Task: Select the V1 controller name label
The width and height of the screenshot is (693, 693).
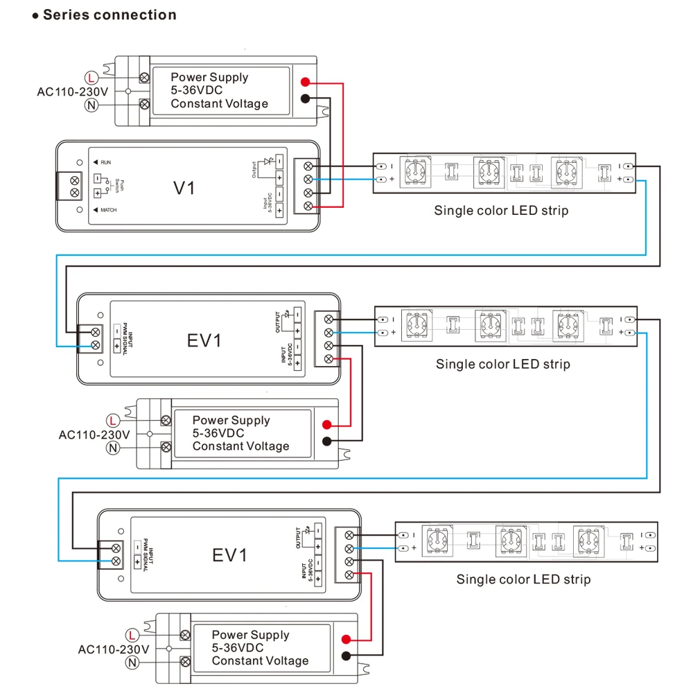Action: pyautogui.click(x=184, y=187)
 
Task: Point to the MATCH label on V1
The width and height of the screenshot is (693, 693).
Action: pyautogui.click(x=108, y=209)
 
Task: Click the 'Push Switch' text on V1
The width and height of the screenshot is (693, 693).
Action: pyautogui.click(x=119, y=186)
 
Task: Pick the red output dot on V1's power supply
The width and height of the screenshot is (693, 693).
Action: pyautogui.click(x=305, y=82)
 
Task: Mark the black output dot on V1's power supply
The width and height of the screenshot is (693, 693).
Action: pyautogui.click(x=305, y=98)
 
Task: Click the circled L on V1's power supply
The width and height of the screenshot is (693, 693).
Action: pyautogui.click(x=91, y=77)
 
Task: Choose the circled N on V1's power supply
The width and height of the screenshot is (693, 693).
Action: pyautogui.click(x=91, y=105)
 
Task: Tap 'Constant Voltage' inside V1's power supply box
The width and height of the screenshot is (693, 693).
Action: pyautogui.click(x=219, y=104)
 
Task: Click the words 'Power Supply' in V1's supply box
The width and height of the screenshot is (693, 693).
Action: pyautogui.click(x=209, y=77)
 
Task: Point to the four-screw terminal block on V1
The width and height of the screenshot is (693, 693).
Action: pyautogui.click(x=307, y=186)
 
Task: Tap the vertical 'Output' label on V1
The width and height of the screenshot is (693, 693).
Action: pyautogui.click(x=254, y=169)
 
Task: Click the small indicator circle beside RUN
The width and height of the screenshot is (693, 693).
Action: pyautogui.click(x=80, y=161)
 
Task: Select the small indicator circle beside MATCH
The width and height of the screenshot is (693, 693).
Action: pyautogui.click(x=80, y=209)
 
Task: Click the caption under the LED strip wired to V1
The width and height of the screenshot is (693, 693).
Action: pyautogui.click(x=501, y=211)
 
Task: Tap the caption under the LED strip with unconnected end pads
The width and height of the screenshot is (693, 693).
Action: pyautogui.click(x=523, y=579)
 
